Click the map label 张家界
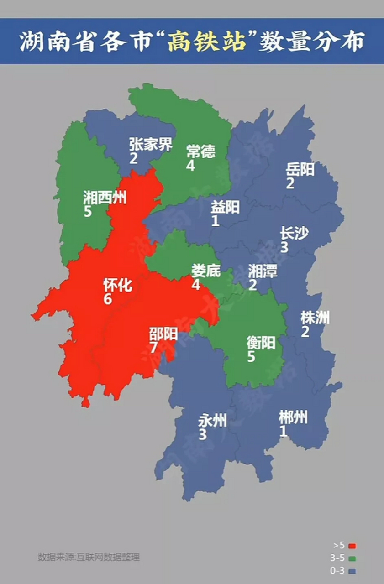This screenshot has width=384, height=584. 151,145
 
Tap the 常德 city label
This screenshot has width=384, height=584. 200,151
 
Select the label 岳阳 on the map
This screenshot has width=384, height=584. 300,170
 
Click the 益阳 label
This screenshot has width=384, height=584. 225,207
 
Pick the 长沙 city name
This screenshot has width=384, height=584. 294,234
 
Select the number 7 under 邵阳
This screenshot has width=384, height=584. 154,348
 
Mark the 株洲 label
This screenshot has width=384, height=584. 315,318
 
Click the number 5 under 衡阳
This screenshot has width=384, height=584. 251,356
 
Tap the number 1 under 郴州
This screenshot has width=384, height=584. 283,431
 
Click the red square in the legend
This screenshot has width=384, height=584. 352,546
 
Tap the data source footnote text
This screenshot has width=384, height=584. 89,557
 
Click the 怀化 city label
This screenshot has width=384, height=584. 118,286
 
